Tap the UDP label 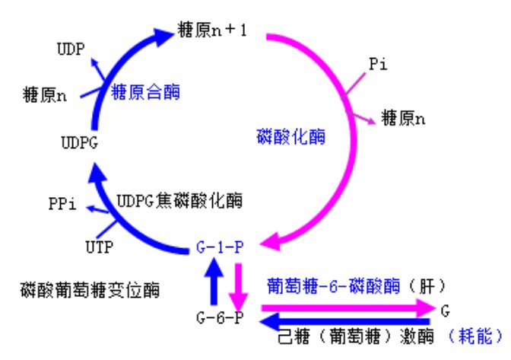pos(71,49)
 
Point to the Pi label pos(379,65)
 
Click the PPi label pos(62,204)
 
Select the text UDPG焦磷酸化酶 pos(179,201)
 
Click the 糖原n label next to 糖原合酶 pos(45,96)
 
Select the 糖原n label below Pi pos(404,119)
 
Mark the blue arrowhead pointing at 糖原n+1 pos(165,34)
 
